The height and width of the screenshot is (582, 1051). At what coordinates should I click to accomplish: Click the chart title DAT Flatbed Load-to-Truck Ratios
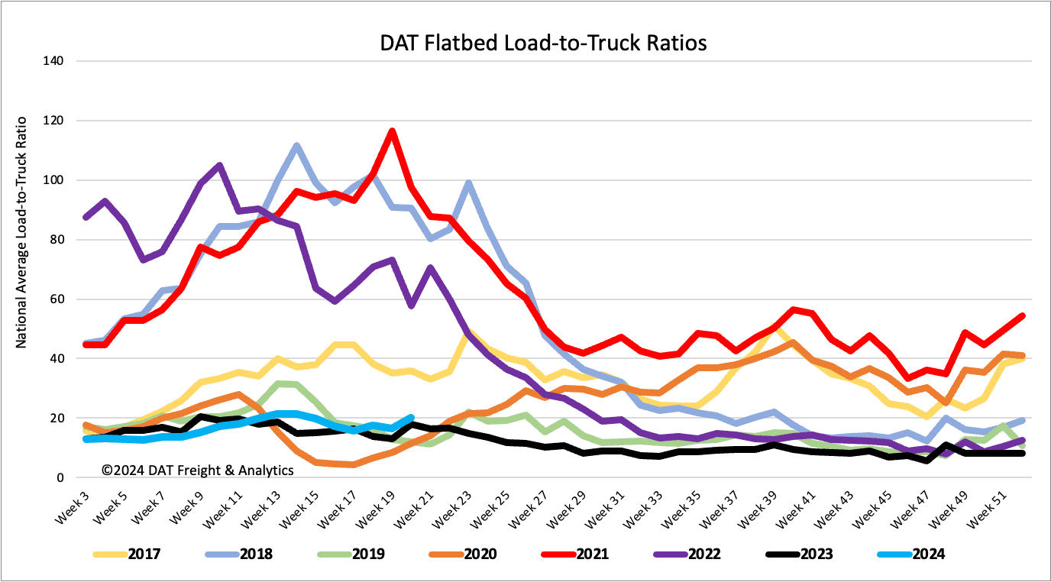543,43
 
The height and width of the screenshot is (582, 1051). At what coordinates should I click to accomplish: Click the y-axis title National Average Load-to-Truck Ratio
21,232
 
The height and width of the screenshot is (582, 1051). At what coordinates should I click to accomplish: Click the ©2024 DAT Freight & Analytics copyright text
197,470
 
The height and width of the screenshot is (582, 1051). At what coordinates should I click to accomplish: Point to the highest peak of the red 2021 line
392,131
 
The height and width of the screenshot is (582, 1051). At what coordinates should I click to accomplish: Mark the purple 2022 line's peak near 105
219,165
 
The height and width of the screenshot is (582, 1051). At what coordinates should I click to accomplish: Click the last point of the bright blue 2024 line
412,418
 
